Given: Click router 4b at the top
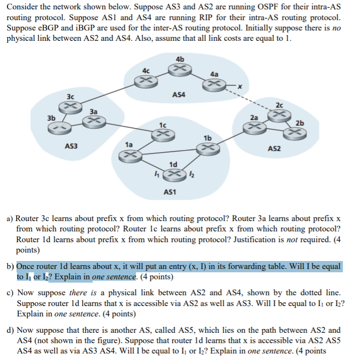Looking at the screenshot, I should (x=180, y=69).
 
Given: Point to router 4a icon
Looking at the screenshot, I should (x=213, y=84).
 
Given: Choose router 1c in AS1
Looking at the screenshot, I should (x=164, y=134).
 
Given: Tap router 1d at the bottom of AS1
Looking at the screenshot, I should (x=173, y=175).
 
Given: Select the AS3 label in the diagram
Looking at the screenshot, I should (x=71, y=146).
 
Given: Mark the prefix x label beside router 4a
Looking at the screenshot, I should (x=239, y=86).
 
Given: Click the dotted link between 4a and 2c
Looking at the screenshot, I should (x=251, y=99).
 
